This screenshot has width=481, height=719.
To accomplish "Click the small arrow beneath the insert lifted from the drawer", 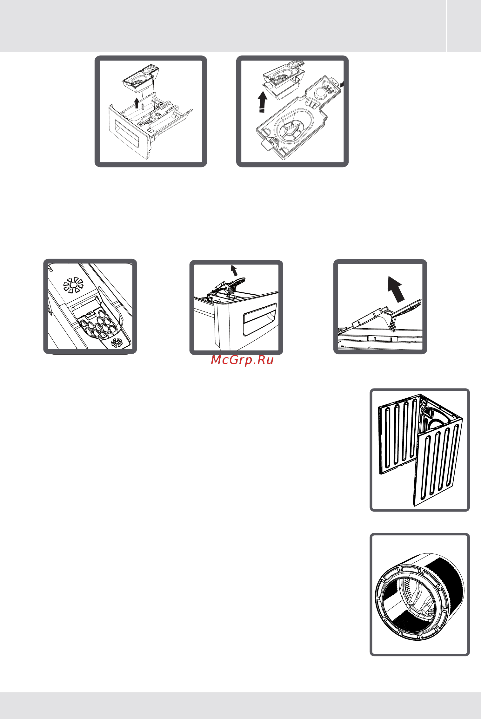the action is click(x=137, y=103).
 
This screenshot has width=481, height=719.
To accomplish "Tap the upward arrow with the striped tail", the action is click(x=262, y=102).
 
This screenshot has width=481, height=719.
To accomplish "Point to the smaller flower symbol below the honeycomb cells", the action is click(x=117, y=343).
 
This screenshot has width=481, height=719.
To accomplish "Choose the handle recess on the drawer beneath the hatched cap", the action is click(x=260, y=319).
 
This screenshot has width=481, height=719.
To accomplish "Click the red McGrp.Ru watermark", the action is click(x=242, y=360).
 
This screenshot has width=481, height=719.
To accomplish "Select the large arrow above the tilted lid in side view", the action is click(x=396, y=289).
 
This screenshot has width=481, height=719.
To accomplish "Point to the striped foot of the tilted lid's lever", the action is click(x=393, y=325).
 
